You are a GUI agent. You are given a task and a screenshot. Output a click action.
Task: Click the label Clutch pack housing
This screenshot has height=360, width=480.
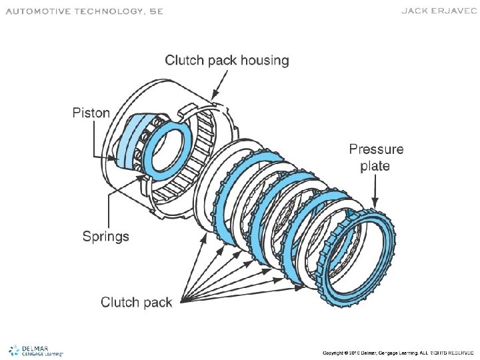pos(227,61)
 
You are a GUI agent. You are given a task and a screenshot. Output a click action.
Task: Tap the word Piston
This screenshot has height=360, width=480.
pos(91,113)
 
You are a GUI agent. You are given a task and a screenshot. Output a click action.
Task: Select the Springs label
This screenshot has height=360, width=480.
pos(105,236)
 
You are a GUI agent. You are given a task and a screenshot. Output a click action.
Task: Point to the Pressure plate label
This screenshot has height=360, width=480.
pos(376,157)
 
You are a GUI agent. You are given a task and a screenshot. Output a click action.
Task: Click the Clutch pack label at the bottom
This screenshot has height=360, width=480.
pos(136,303)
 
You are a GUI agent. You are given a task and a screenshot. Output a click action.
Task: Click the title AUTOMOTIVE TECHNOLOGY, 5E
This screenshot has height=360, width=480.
pos(84,11)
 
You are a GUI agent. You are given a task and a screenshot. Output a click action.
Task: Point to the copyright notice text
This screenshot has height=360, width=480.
pos(398,352)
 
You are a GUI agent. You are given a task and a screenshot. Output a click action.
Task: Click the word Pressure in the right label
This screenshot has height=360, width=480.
pos(376,149)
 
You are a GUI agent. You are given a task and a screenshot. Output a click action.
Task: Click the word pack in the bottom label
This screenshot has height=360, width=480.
pos(157,303)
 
